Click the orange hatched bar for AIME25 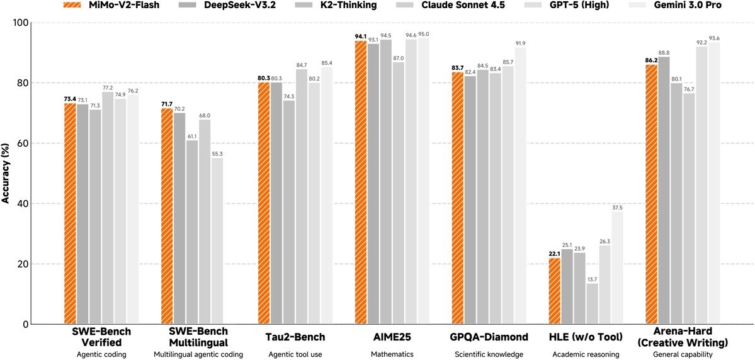[361, 183]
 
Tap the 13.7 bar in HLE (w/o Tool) [592, 303]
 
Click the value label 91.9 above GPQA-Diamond [520, 43]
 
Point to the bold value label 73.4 [70, 99]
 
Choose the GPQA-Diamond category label [489, 337]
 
